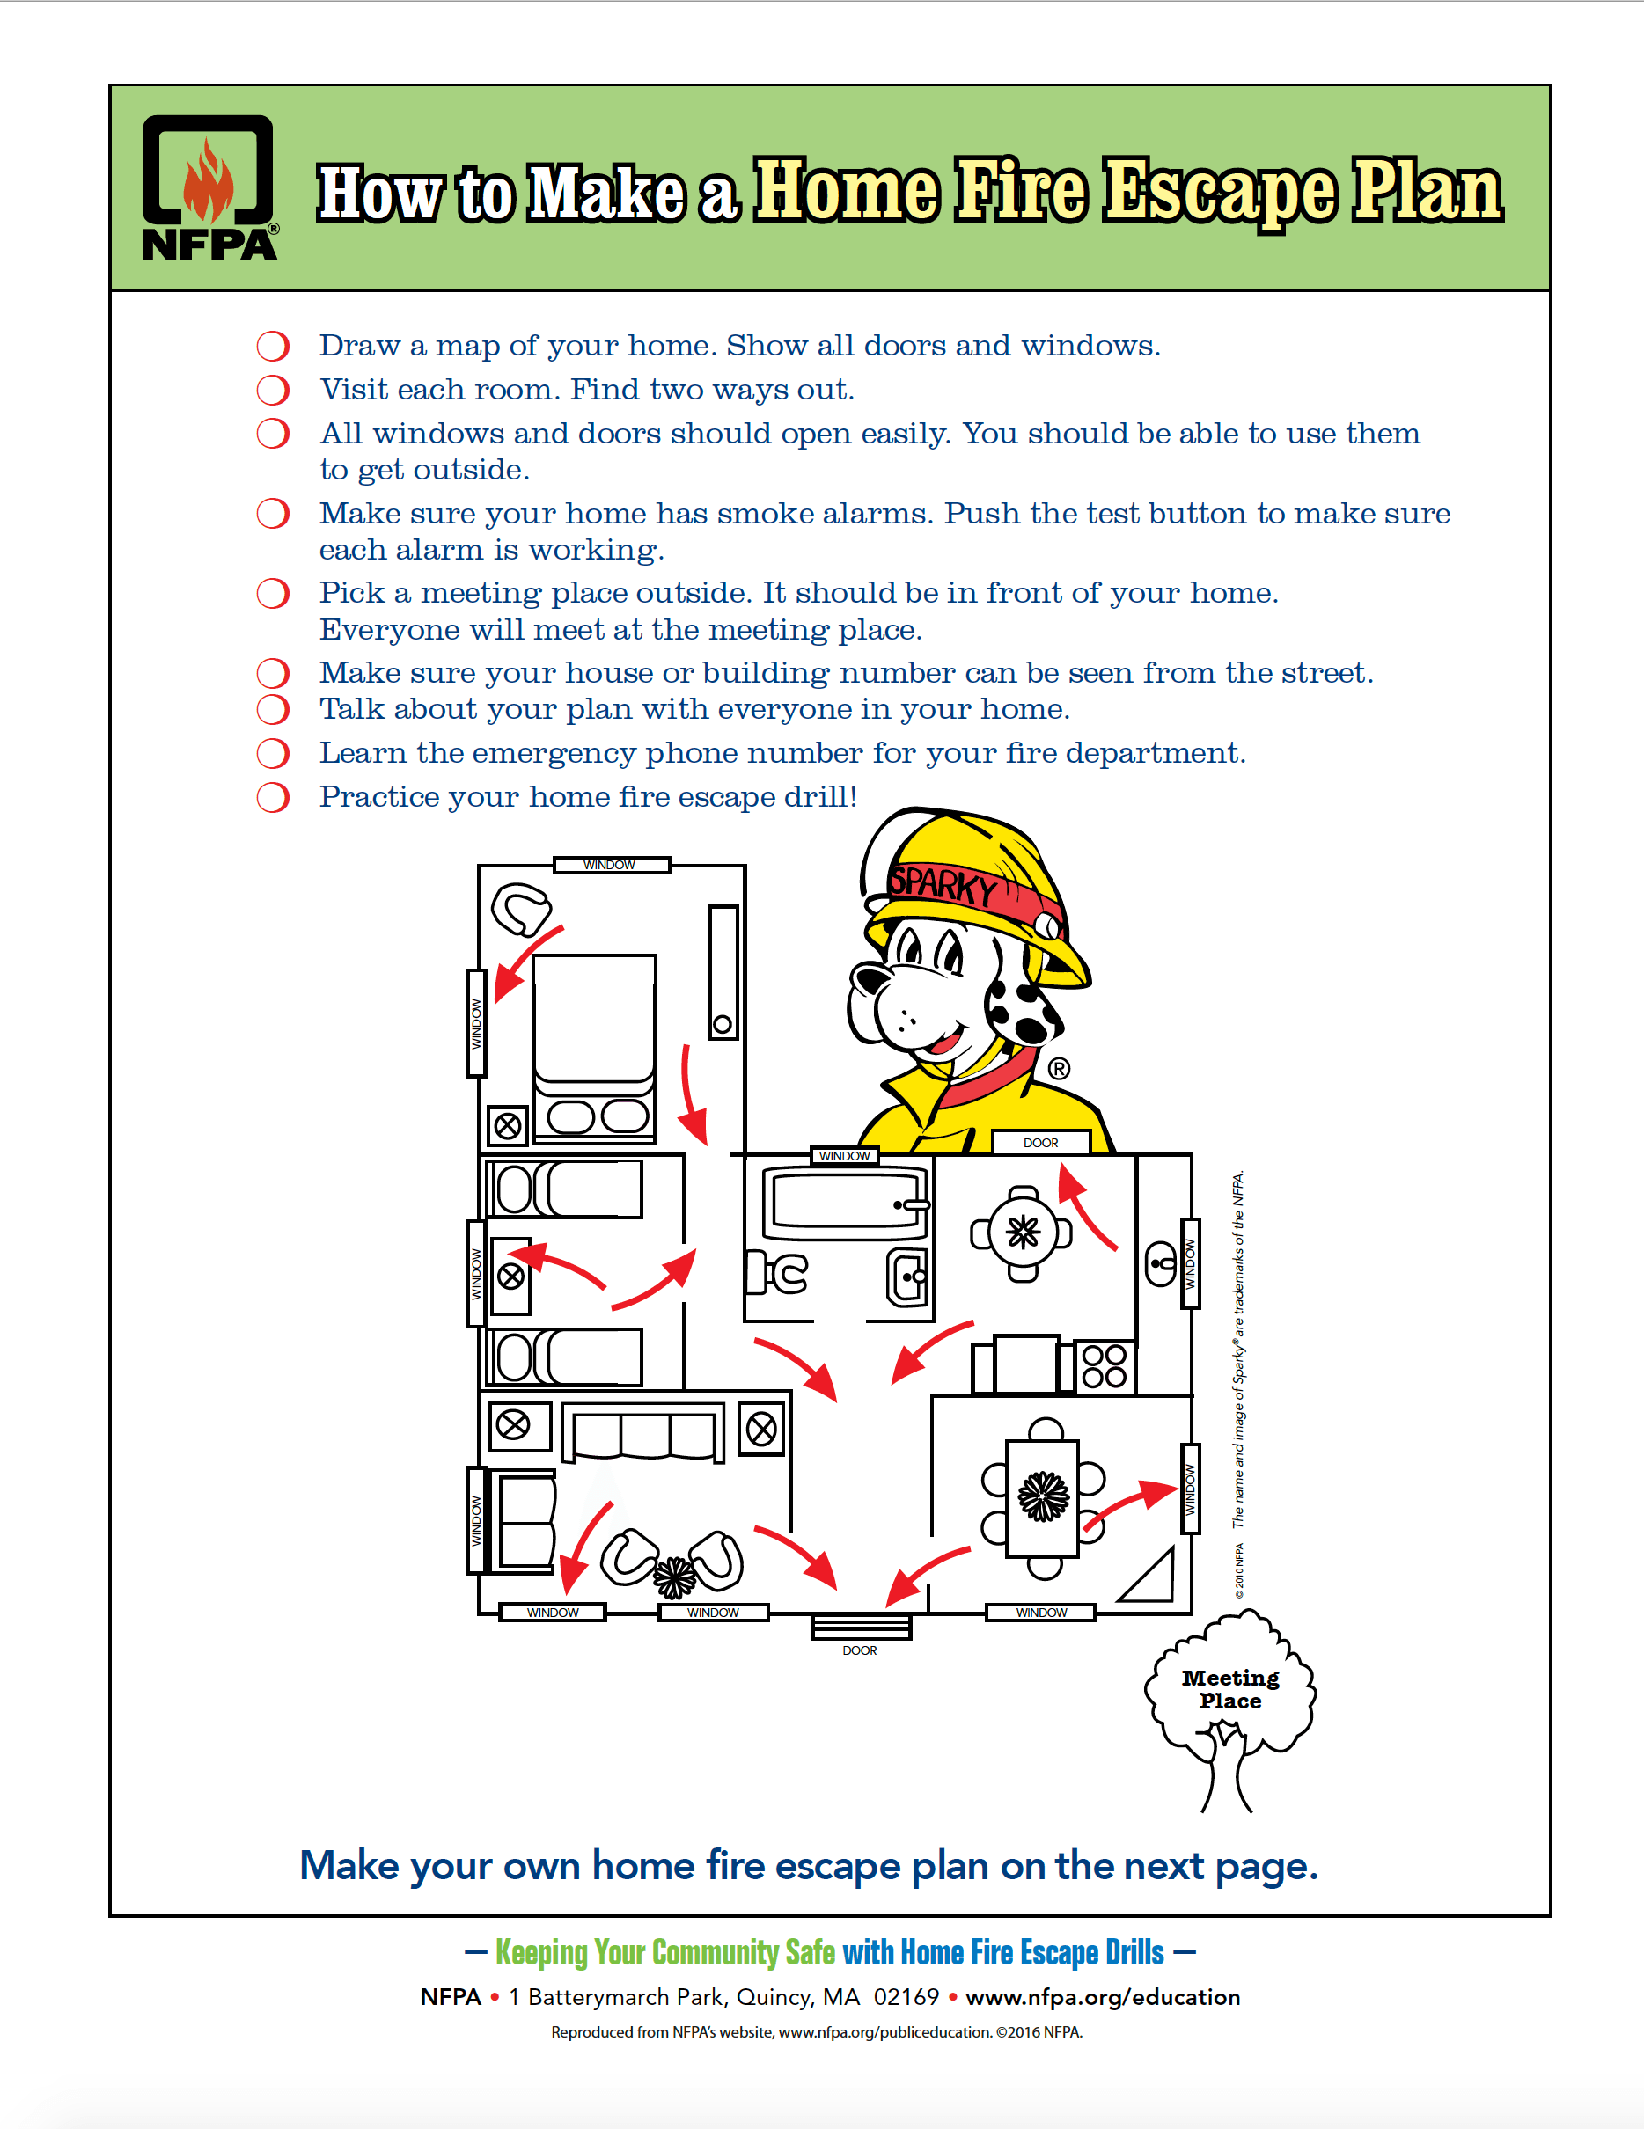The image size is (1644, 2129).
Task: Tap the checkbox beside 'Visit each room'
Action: [273, 390]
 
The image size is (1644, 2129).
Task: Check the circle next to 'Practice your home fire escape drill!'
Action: [273, 797]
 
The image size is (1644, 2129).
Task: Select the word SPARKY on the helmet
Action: [943, 884]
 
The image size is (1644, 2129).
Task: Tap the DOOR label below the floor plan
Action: [859, 1650]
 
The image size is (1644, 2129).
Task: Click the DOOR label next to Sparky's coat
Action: [1040, 1143]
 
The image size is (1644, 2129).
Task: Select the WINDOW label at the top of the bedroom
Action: [609, 865]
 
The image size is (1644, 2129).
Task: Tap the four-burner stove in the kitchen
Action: [1104, 1365]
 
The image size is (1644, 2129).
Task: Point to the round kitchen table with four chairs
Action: [1022, 1233]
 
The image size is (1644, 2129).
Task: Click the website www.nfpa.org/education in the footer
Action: [1102, 1997]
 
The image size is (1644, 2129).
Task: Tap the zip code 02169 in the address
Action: [906, 1997]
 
